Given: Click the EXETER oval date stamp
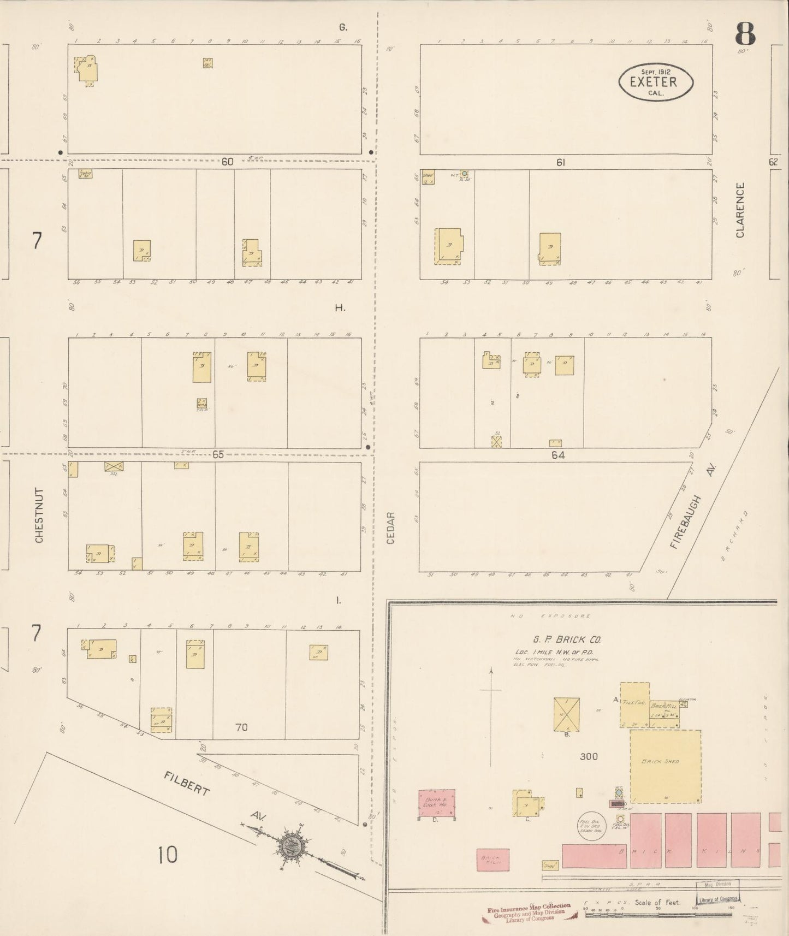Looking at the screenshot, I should [x=655, y=82].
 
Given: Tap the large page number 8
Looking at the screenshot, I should [x=745, y=34].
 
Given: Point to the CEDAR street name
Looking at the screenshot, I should [x=390, y=528].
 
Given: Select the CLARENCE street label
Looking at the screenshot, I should [x=740, y=210].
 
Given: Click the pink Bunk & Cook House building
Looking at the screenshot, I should [x=437, y=803].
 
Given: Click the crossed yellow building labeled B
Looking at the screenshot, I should [x=567, y=714].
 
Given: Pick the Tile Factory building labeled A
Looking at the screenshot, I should [x=634, y=704].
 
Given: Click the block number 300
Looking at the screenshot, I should [x=589, y=756].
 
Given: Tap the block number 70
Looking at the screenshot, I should [x=241, y=727].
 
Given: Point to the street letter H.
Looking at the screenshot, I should [x=340, y=307].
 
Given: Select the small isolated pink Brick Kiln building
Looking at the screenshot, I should [x=493, y=860].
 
